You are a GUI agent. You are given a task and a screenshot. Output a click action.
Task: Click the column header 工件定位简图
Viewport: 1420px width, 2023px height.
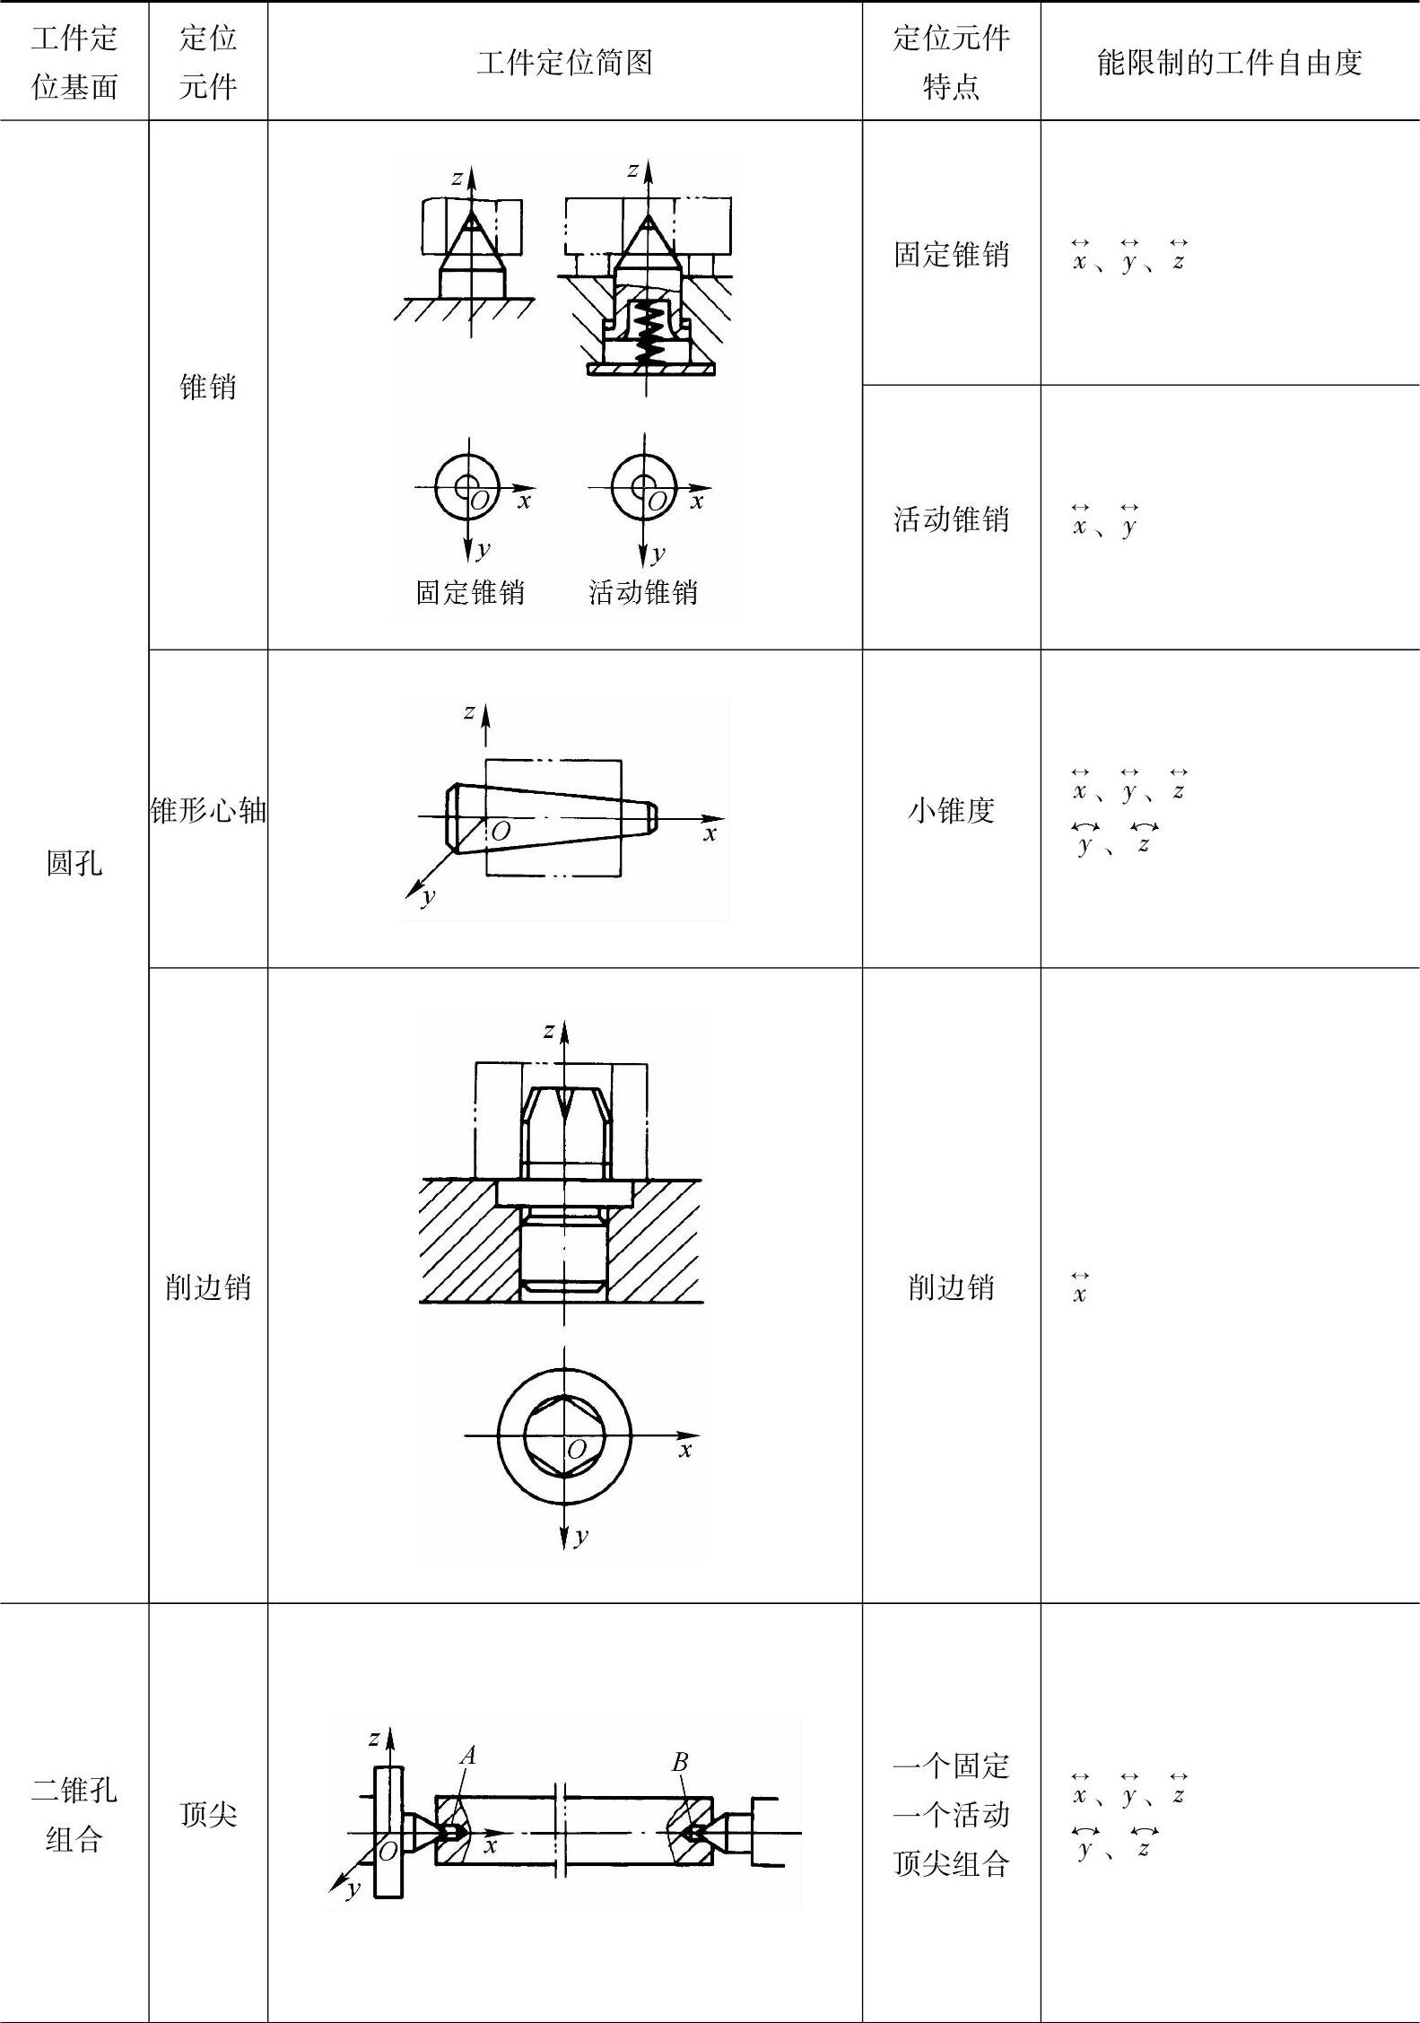tap(564, 63)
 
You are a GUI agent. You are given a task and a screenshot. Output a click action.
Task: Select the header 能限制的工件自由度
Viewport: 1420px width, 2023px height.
tap(1229, 63)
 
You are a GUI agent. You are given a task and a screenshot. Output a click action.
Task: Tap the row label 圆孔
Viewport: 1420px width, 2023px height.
tap(74, 863)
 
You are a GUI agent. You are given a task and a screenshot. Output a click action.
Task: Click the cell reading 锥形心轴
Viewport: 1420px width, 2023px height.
tap(208, 810)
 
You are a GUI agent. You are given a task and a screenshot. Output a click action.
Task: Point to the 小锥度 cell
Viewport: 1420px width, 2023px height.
tap(951, 810)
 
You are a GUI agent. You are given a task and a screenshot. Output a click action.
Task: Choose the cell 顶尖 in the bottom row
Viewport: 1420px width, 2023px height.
tap(208, 1814)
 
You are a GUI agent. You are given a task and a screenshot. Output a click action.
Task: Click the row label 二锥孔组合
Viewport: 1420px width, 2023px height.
tap(74, 1814)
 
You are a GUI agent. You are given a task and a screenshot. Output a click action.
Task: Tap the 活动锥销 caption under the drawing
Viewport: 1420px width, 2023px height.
tap(643, 592)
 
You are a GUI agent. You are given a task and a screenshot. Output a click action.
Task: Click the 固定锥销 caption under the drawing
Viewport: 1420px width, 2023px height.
tap(470, 592)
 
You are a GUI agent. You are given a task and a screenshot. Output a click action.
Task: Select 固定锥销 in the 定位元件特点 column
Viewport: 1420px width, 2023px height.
tap(951, 255)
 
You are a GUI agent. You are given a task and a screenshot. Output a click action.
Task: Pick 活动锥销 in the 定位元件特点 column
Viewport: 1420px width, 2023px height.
tap(951, 519)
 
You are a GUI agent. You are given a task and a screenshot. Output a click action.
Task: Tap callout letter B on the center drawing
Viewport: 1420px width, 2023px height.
tap(680, 1762)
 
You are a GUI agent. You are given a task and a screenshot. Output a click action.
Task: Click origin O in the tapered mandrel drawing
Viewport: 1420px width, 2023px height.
tap(501, 832)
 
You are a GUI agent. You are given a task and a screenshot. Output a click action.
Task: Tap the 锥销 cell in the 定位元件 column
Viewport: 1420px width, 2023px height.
tap(208, 387)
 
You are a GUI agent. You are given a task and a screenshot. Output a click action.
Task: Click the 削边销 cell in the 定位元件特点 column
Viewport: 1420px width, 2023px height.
tap(951, 1287)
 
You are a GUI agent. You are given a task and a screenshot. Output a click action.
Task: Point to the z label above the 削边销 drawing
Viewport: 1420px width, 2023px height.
tap(549, 1031)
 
